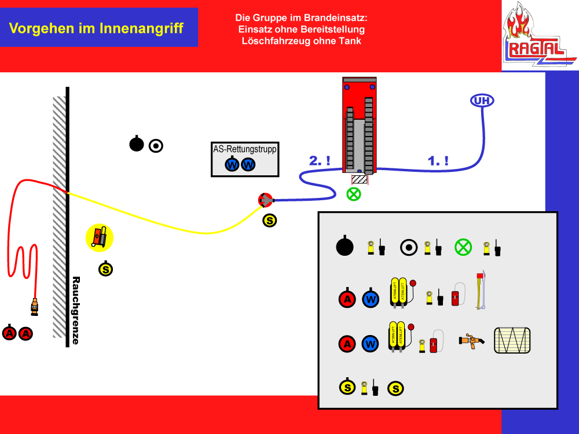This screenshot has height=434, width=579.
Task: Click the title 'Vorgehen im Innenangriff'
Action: [97, 28]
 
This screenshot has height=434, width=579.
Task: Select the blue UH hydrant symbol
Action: [482, 101]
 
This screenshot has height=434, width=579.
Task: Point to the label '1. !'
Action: [438, 161]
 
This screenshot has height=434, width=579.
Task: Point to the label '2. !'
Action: [320, 161]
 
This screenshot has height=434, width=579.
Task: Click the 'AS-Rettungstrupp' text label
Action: [245, 149]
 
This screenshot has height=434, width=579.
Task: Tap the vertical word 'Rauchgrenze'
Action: [75, 310]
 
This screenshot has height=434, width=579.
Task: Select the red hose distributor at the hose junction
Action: [265, 200]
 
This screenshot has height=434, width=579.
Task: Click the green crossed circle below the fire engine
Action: [353, 194]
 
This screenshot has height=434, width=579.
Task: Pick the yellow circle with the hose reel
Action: [100, 238]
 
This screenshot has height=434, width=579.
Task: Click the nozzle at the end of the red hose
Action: [35, 306]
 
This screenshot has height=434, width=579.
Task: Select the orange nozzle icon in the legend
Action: [470, 341]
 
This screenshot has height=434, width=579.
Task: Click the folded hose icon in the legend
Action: [512, 340]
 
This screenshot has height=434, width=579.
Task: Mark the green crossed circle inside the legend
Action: [463, 247]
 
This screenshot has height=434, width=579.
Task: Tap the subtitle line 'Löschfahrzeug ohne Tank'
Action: [301, 41]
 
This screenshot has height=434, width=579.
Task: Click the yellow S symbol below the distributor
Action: [269, 220]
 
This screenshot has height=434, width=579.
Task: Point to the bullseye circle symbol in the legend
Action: [409, 247]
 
